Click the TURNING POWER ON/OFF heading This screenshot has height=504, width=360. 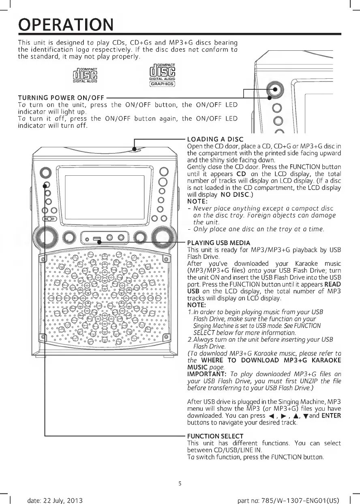pyautogui.click(x=56, y=98)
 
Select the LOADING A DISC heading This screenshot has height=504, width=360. pyautogui.click(x=214, y=140)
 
